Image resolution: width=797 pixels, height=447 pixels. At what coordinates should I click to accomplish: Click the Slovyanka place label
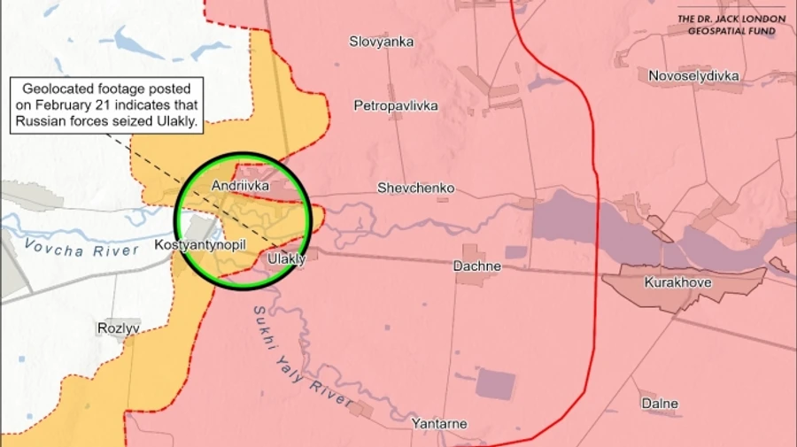click(x=381, y=41)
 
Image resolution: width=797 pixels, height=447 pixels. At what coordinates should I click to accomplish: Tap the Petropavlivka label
click(x=396, y=105)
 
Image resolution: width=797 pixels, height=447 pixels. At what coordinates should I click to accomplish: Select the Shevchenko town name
click(x=415, y=189)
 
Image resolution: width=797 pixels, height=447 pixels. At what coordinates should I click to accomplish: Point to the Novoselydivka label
click(x=693, y=76)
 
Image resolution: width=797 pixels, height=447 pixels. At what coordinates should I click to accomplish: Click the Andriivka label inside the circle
click(x=240, y=186)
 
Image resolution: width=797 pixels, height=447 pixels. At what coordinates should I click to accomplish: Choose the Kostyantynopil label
click(x=200, y=244)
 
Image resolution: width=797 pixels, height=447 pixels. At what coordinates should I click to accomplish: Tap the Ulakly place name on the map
click(x=286, y=258)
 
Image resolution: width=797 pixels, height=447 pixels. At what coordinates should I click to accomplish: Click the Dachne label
click(x=477, y=266)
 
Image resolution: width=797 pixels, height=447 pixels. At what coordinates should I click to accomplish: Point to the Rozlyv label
click(x=119, y=328)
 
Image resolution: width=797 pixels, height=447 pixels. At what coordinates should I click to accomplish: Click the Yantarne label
click(x=439, y=424)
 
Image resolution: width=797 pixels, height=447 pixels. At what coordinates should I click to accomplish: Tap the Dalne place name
click(x=660, y=404)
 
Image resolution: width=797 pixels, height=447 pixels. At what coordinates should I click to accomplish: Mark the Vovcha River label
click(x=82, y=249)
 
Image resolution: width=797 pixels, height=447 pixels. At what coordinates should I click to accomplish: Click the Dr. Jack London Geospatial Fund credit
click(x=731, y=25)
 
